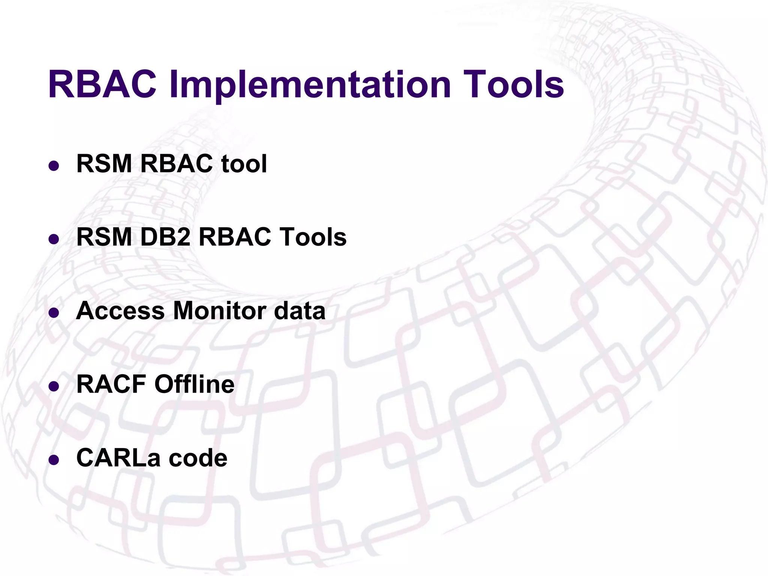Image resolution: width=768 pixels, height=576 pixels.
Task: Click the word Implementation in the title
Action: click(x=310, y=85)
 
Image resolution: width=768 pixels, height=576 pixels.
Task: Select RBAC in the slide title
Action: click(x=102, y=85)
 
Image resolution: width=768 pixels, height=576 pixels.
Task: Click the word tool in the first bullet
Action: click(x=244, y=164)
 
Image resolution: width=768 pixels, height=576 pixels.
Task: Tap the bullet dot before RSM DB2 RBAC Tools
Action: click(x=54, y=239)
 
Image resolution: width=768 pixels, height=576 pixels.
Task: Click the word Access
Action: click(x=120, y=311)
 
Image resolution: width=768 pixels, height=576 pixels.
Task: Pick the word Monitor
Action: click(x=219, y=311)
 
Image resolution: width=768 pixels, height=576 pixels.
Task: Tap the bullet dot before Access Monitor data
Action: click(x=54, y=312)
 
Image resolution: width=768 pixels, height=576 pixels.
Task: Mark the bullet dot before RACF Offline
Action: click(x=54, y=386)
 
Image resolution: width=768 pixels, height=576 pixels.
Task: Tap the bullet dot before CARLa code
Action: click(x=54, y=459)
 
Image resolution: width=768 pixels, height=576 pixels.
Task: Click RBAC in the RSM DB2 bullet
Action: click(x=234, y=237)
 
